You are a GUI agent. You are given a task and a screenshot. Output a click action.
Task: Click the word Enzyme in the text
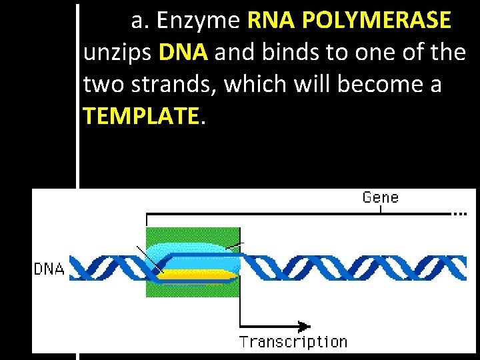(198, 21)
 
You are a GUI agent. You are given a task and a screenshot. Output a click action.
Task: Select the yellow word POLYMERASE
(377, 21)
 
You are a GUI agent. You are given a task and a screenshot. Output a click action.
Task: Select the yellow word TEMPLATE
(141, 117)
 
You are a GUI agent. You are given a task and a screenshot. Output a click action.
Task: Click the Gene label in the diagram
(380, 197)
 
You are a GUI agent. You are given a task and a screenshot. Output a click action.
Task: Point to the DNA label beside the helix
(49, 270)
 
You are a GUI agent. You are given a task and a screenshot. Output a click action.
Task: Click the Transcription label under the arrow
(293, 342)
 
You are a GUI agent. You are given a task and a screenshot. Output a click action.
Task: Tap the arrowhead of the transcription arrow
(304, 326)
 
